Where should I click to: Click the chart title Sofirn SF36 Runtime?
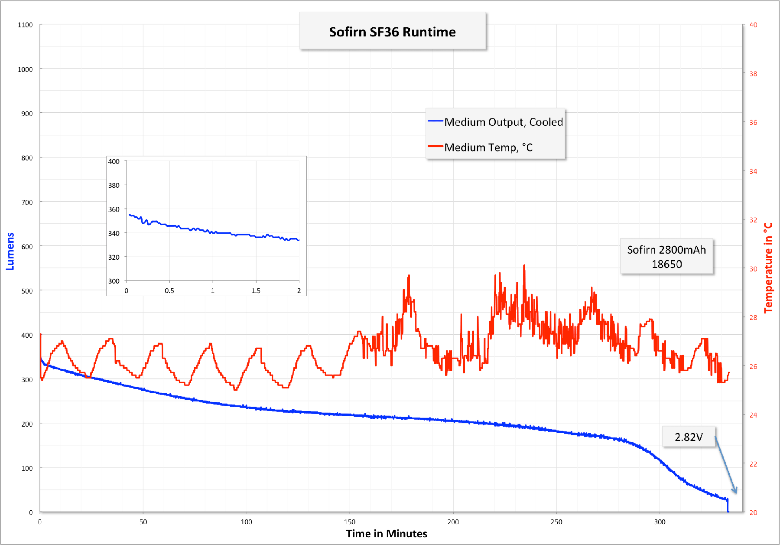(392, 32)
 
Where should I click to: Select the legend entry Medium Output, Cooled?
(503, 122)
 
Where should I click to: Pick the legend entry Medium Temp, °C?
(488, 147)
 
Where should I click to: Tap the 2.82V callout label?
(688, 437)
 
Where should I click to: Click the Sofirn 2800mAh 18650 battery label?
(666, 257)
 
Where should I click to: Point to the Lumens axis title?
(10, 251)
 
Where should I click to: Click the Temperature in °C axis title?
(768, 268)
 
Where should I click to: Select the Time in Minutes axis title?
(387, 534)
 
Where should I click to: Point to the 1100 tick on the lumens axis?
(25, 25)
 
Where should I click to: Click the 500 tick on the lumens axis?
(27, 291)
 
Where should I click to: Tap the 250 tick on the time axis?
(556, 522)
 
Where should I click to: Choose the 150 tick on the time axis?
(350, 522)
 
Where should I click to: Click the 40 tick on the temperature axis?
(753, 25)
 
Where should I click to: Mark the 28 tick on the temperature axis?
(753, 317)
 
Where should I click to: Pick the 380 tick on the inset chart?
(114, 185)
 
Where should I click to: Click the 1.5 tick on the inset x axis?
(256, 291)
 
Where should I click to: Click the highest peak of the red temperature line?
(524, 265)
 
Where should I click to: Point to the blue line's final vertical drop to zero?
(728, 506)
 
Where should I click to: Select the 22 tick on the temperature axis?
(753, 464)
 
